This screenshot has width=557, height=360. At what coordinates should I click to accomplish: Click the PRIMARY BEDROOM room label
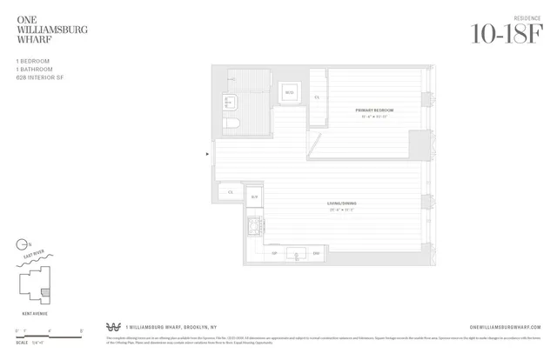374,110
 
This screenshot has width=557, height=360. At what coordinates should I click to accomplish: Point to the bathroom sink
230,99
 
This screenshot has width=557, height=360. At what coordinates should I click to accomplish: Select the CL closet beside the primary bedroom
318,98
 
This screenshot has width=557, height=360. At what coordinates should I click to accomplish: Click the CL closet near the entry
231,191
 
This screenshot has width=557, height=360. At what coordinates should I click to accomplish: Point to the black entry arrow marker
206,155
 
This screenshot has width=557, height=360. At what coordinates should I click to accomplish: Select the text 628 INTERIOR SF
39,77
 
